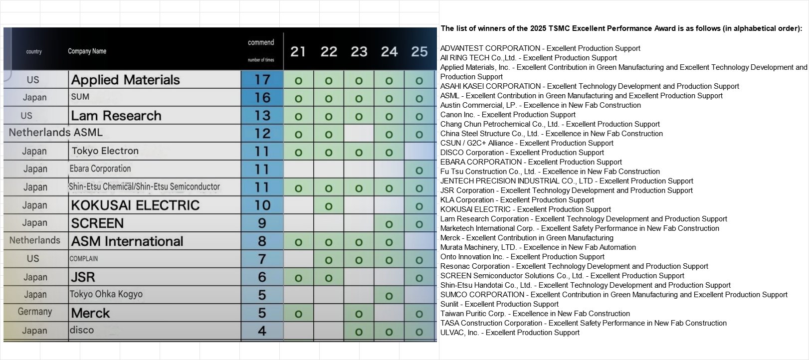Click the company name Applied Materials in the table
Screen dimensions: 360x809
coord(125,80)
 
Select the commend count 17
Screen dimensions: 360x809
coord(262,80)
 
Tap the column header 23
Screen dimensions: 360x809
coord(359,51)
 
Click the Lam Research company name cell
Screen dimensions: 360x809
coord(116,116)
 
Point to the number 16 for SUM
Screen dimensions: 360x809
coord(262,98)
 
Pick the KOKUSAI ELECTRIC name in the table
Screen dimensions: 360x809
coord(135,205)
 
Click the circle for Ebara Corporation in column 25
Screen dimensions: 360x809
coord(419,171)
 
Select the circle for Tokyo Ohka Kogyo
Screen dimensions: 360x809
coord(389,296)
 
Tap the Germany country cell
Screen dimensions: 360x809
coord(35,312)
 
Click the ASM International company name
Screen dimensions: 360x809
coord(127,241)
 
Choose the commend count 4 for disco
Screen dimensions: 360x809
coord(262,331)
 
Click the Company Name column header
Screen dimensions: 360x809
coord(87,51)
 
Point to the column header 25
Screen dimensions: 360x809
coord(419,51)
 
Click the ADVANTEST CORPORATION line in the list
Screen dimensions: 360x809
coord(540,48)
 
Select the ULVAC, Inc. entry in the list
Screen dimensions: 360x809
coord(510,333)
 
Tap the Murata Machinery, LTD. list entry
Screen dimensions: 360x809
coord(538,247)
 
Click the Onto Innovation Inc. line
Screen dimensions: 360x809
coord(522,257)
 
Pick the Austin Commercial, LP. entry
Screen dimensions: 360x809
coord(540,105)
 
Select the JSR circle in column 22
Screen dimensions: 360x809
coord(329,278)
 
